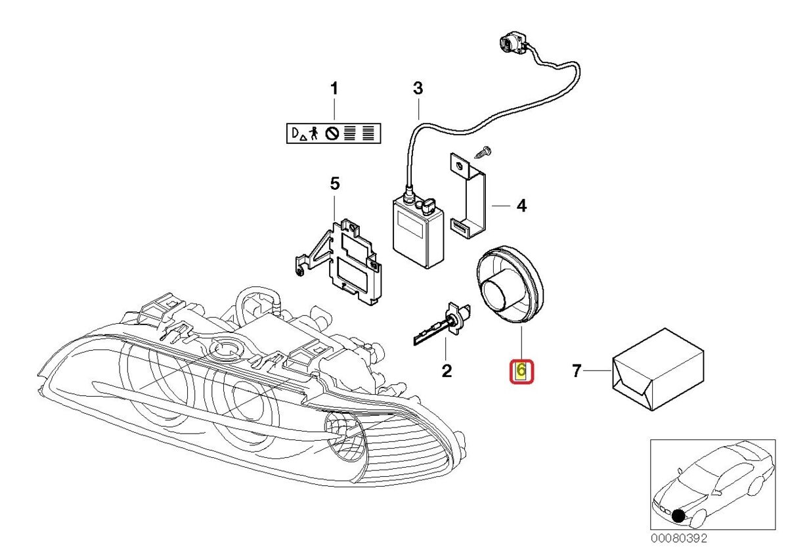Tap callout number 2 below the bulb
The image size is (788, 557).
447,372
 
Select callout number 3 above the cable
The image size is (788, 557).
418,88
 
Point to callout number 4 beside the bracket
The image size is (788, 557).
521,206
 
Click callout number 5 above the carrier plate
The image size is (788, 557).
334,184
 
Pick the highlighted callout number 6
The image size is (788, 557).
521,372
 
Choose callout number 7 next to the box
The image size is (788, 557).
577,372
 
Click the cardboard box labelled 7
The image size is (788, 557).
657,369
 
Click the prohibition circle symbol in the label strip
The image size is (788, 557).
332,134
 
